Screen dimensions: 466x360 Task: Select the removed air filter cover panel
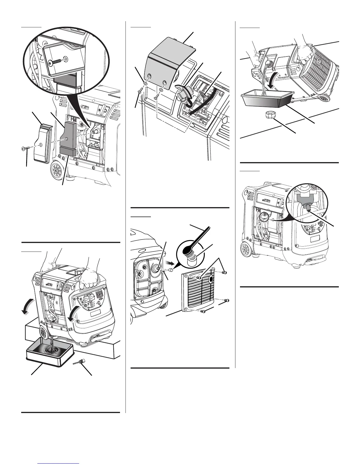point(42,143)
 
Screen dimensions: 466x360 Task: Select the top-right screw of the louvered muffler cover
point(225,273)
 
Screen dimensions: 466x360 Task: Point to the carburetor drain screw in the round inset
point(308,208)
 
